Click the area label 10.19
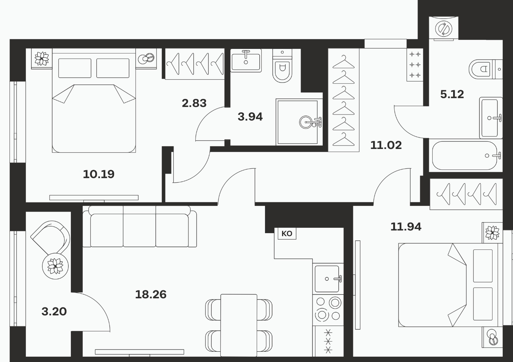99,174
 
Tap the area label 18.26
151,295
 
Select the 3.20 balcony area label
54,312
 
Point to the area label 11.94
406,227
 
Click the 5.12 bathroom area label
452,94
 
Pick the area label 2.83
194,103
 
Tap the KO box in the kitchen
287,233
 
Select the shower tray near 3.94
299,122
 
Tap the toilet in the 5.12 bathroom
486,69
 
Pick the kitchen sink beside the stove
328,279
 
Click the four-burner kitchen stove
328,310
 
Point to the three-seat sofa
140,226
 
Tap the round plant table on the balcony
55,266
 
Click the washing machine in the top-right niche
444,28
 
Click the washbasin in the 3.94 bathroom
246,60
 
